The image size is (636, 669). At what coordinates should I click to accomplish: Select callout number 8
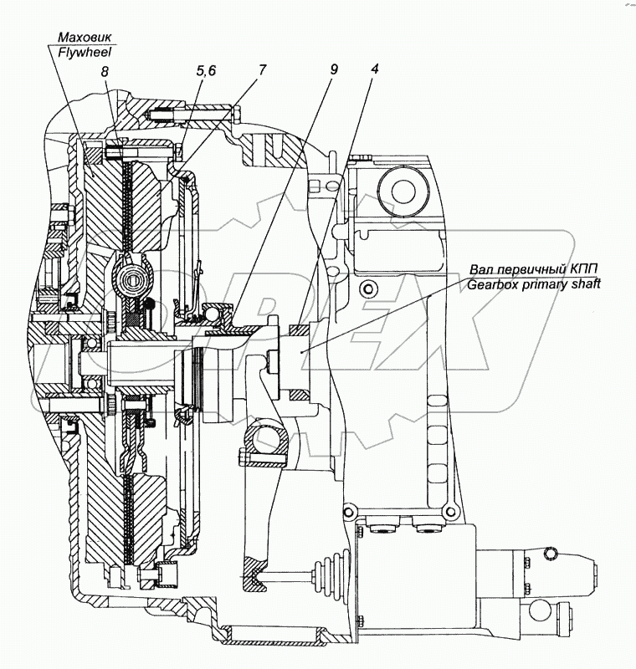coord(105,74)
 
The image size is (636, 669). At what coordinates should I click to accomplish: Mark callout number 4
coord(375,69)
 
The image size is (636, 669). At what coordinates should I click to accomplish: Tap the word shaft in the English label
coord(583,284)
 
